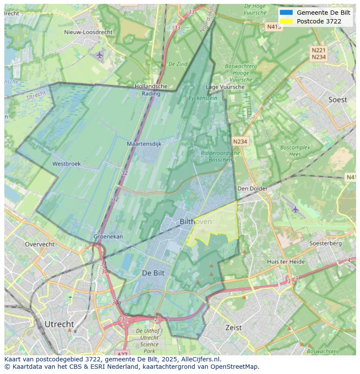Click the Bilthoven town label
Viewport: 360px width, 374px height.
[x=196, y=222]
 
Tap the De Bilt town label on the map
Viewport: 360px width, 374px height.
[x=153, y=273]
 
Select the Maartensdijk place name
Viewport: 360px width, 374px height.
[x=144, y=143]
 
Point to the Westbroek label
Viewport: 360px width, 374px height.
[x=67, y=164]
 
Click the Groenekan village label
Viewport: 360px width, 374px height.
[x=108, y=237]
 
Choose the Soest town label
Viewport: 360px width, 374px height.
[x=337, y=99]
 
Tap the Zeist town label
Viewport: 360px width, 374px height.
[x=233, y=328]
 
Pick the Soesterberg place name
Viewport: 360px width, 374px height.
[x=325, y=243]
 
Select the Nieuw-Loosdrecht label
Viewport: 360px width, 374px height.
[x=88, y=32]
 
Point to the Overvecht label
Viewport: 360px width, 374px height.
[x=40, y=244]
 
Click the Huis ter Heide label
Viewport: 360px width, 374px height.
[x=286, y=261]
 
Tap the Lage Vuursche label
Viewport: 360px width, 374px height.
[x=225, y=87]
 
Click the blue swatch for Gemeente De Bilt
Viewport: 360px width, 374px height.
[x=286, y=13]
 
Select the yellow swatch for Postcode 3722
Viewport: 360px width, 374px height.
[x=286, y=21]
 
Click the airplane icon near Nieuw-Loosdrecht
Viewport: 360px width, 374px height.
[x=100, y=55]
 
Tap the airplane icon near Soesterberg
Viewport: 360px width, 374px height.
[x=296, y=209]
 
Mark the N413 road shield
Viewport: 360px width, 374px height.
[x=274, y=26]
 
